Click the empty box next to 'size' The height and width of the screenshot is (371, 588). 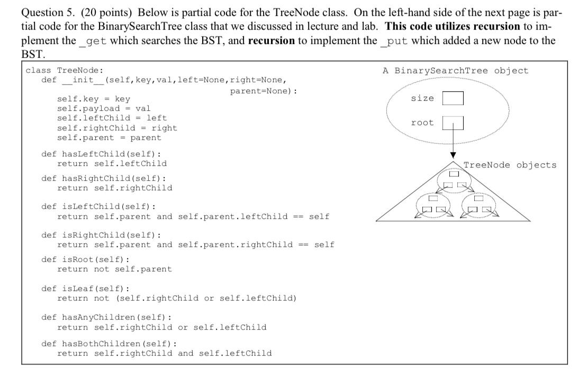tap(453, 99)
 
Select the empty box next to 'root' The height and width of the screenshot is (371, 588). tap(453, 123)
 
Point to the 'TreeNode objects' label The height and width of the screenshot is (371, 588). tap(510, 165)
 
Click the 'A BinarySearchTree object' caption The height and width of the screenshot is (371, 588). tap(455, 71)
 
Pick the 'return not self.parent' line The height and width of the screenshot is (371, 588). tap(114, 269)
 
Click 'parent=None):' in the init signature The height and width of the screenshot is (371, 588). tap(263, 91)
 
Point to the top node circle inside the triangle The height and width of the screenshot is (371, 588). tap(453, 181)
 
